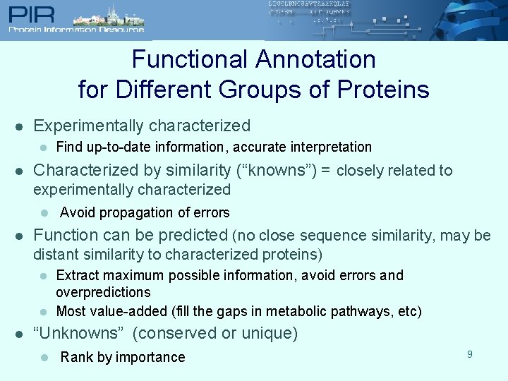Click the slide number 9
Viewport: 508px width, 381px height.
click(470, 354)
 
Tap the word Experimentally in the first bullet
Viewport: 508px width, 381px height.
click(84, 126)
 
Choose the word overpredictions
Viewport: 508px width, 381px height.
click(103, 292)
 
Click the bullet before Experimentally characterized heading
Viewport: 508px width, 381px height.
click(20, 127)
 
